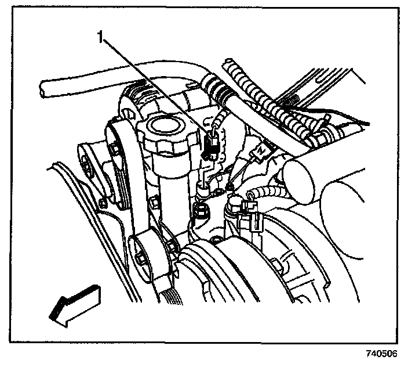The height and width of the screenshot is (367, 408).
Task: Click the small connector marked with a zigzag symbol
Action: [262, 149]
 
